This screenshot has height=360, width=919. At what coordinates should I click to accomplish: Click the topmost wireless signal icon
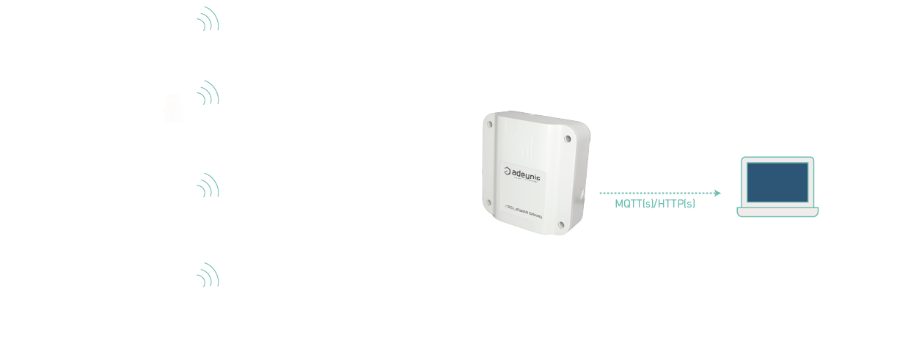tap(209, 19)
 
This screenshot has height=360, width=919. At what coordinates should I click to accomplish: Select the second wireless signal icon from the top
tap(209, 93)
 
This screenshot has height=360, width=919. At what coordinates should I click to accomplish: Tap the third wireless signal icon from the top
tap(209, 186)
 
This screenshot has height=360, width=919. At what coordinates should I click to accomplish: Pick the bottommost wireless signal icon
tap(209, 275)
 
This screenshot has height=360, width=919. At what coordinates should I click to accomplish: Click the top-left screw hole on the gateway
tap(490, 125)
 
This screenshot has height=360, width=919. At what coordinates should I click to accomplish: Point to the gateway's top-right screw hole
tap(568, 138)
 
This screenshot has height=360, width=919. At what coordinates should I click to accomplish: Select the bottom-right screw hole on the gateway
tap(560, 225)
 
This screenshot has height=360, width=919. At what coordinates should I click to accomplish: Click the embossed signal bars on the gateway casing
tap(528, 146)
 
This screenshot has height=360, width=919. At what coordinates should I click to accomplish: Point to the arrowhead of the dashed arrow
tap(718, 193)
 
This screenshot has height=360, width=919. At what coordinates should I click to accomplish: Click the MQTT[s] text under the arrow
tap(633, 204)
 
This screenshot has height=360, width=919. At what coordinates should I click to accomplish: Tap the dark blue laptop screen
tap(777, 182)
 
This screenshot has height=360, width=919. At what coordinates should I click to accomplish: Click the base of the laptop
tap(777, 212)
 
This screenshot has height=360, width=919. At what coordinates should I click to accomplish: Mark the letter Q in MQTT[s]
tap(627, 204)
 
